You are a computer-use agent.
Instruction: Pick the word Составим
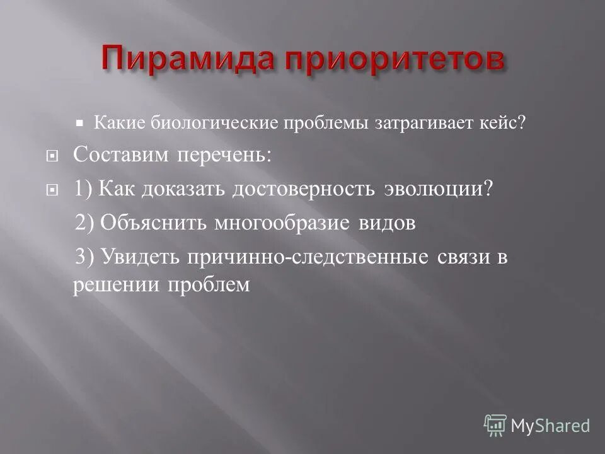point(120,155)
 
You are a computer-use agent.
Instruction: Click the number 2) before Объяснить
point(86,223)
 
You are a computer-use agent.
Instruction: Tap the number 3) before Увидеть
point(86,257)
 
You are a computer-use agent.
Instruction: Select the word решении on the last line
point(117,285)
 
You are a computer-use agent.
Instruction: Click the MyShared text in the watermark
point(550,426)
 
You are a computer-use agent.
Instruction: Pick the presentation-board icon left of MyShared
point(495,425)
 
